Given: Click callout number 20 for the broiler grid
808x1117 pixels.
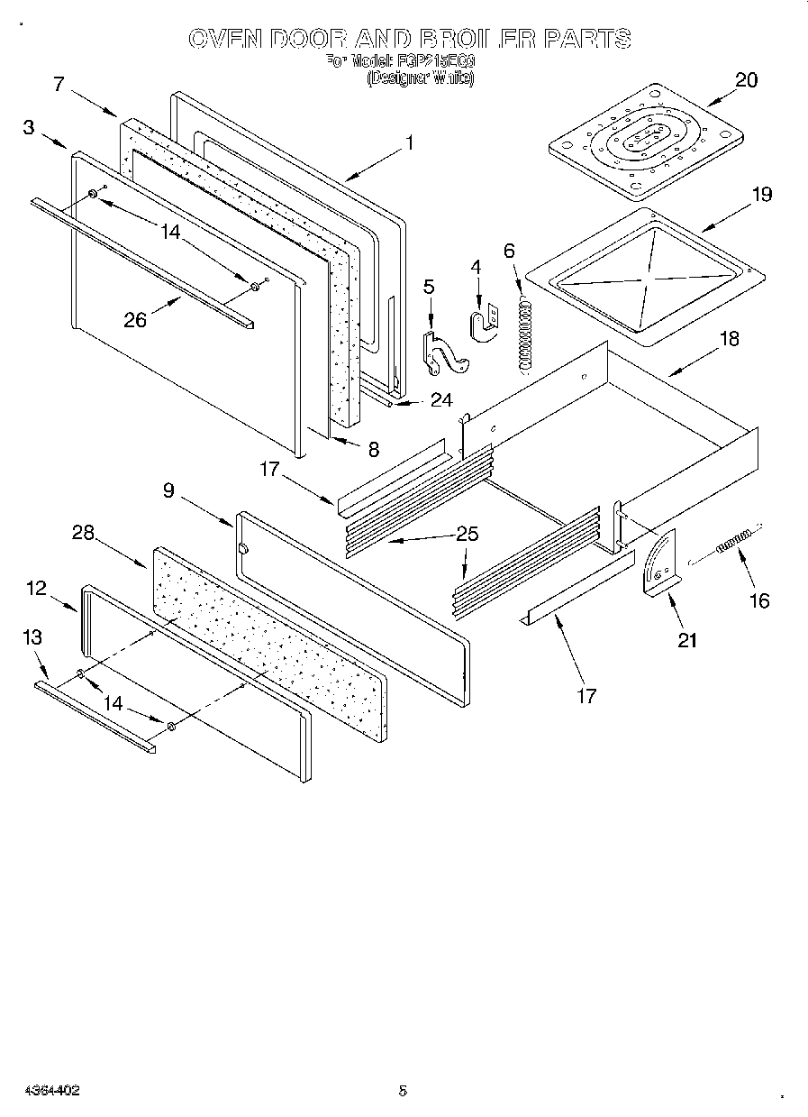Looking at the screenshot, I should pyautogui.click(x=746, y=79).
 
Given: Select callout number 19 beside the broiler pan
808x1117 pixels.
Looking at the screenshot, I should pyautogui.click(x=762, y=194).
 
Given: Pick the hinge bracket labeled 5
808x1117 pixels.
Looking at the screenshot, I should pyautogui.click(x=440, y=352).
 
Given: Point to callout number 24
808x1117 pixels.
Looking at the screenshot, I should pyautogui.click(x=440, y=400).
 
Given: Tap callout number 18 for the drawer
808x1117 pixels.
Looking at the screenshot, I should pyautogui.click(x=729, y=339).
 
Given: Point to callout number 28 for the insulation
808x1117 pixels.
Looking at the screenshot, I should pyautogui.click(x=83, y=533).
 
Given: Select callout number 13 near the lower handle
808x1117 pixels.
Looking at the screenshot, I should pyautogui.click(x=32, y=637).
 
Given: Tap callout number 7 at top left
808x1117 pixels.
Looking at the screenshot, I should pyautogui.click(x=59, y=84).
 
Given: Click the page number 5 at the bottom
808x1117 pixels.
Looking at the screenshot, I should pyautogui.click(x=403, y=1090).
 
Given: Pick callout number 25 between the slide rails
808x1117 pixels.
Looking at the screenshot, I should pyautogui.click(x=468, y=533).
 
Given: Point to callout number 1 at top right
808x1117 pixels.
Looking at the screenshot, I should pyautogui.click(x=409, y=142).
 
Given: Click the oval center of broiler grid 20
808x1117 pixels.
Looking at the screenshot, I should pyautogui.click(x=642, y=139).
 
